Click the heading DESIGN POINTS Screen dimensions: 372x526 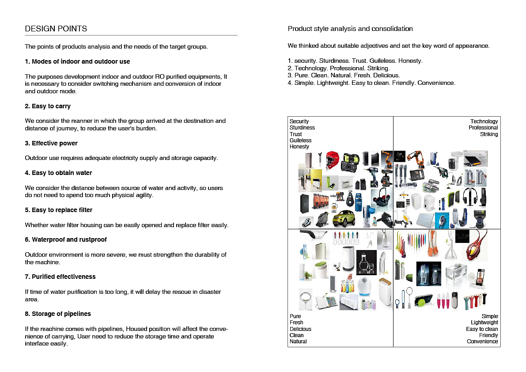tap(56, 29)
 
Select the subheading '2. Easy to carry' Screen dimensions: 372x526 tap(48, 106)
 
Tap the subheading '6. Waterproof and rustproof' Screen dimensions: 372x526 tap(66, 239)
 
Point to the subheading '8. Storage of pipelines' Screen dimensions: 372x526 tap(58, 314)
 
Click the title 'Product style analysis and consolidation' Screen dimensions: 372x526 tap(350, 29)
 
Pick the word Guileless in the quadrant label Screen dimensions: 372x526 tap(300, 140)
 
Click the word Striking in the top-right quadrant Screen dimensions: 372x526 tap(489, 134)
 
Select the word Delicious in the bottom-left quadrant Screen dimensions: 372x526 tap(300, 329)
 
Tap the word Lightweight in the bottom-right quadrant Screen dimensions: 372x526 tap(484, 323)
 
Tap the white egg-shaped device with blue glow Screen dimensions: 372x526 tap(364, 288)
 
